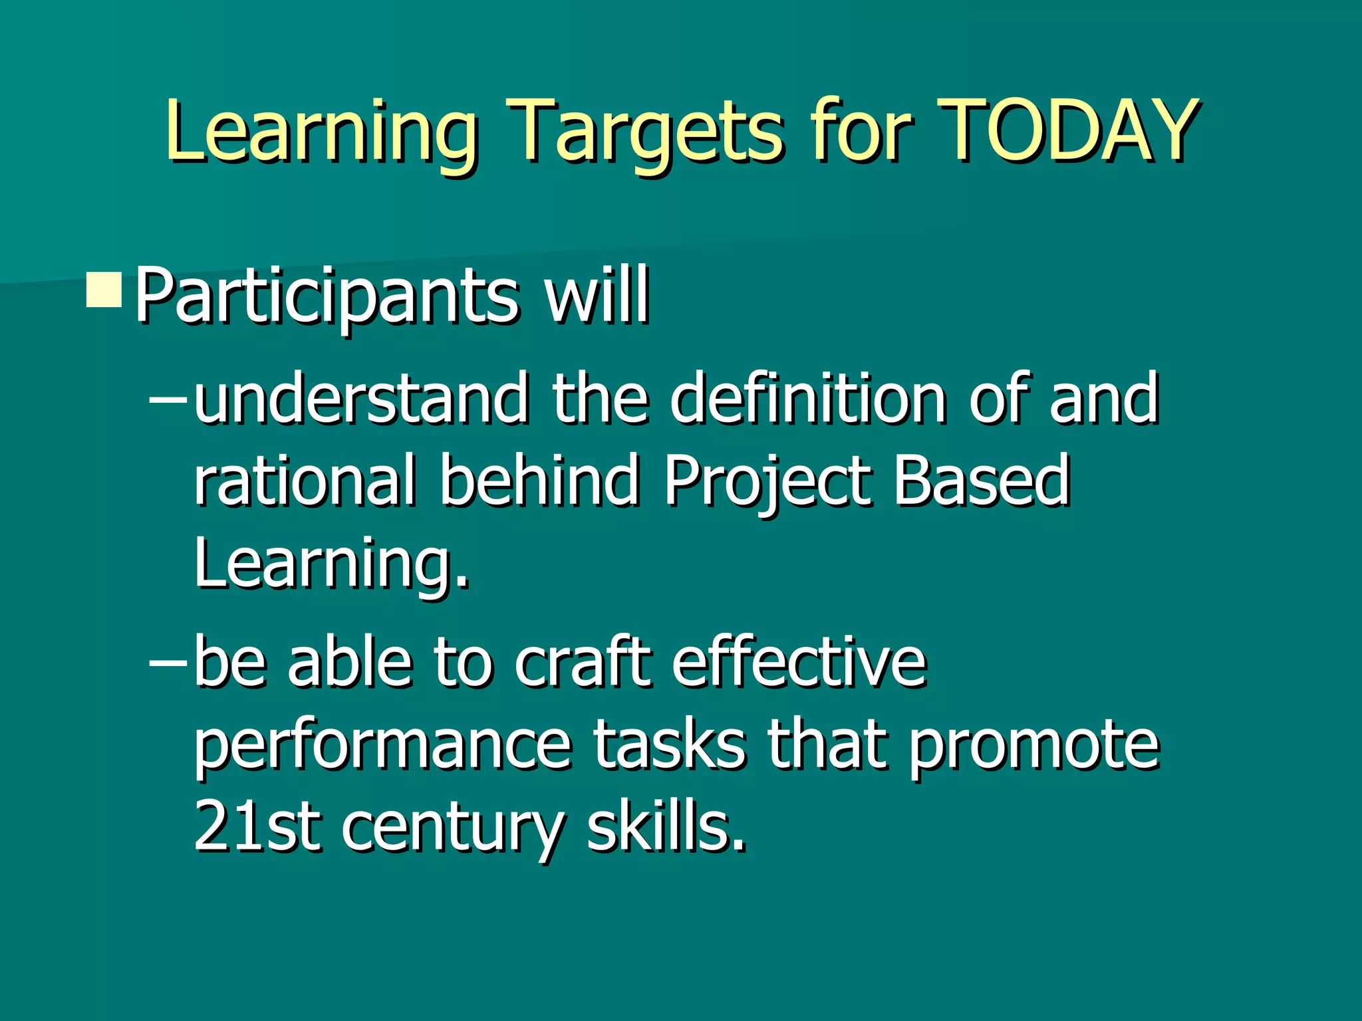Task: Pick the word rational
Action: [305, 480]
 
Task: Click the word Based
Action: [981, 480]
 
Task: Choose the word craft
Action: [582, 662]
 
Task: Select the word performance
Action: [382, 745]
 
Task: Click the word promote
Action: [1033, 745]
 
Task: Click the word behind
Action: [539, 479]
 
